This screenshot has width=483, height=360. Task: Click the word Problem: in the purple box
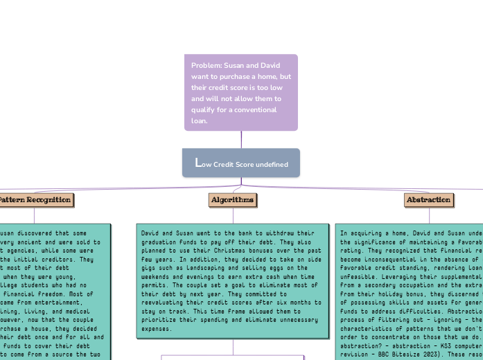pyautogui.click(x=207, y=65)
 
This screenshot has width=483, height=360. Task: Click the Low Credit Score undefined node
pyautogui.click(x=241, y=163)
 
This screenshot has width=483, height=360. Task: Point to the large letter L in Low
pyautogui.click(x=198, y=163)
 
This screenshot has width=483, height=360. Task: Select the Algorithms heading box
pyautogui.click(x=233, y=200)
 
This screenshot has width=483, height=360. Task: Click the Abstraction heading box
pyautogui.click(x=429, y=200)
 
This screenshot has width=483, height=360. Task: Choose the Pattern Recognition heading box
pyautogui.click(x=35, y=200)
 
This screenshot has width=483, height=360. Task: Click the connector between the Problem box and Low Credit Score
pyautogui.click(x=241, y=139)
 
